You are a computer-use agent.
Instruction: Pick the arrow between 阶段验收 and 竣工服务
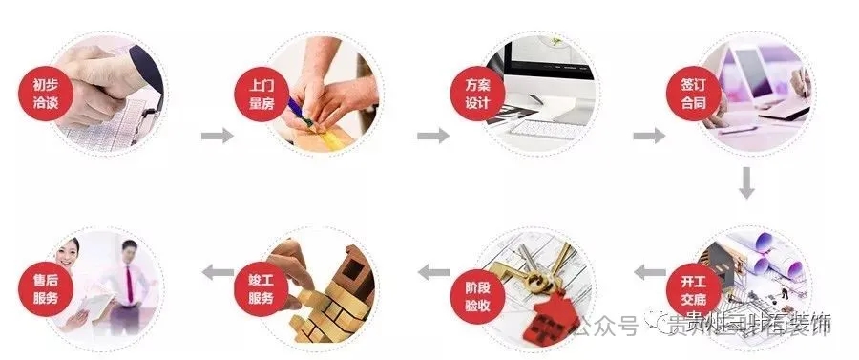[x=434, y=272]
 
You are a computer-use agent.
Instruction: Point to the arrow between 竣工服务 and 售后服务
[x=219, y=272]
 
